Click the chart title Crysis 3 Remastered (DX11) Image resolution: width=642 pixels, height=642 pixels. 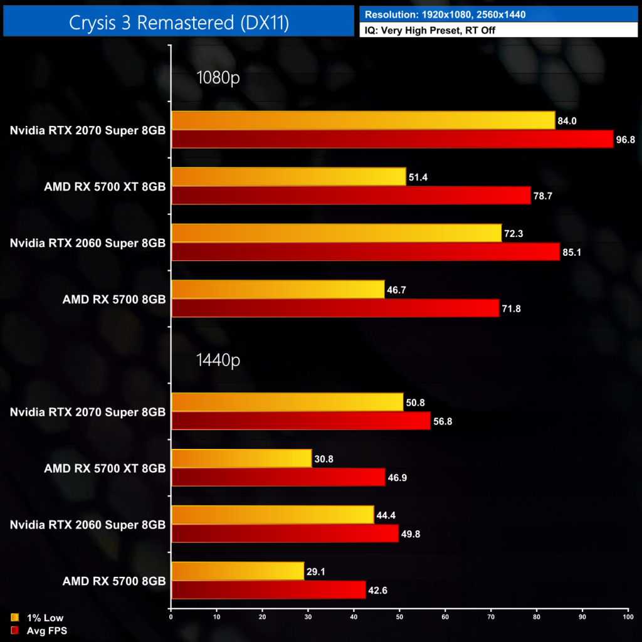click(x=179, y=23)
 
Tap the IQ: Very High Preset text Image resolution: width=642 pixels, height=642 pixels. click(x=430, y=30)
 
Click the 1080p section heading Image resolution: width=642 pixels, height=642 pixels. click(x=218, y=78)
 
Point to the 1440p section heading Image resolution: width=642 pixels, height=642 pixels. click(x=218, y=360)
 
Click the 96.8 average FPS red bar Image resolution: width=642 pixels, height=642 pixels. click(x=392, y=139)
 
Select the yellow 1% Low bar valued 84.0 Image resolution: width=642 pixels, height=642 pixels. click(x=363, y=120)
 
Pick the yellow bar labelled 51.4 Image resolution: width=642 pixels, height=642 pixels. click(x=288, y=177)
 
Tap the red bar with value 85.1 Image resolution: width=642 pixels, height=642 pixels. click(x=365, y=252)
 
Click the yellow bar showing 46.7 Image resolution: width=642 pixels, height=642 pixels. click(x=278, y=289)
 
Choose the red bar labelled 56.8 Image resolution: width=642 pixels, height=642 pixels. click(x=301, y=421)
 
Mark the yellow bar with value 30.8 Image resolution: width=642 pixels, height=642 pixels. click(x=241, y=459)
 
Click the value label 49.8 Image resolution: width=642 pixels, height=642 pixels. click(x=411, y=534)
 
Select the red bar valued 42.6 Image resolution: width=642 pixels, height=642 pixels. click(x=268, y=590)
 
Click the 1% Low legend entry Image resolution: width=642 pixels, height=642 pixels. click(x=44, y=618)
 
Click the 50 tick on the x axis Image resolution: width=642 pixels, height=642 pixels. click(x=399, y=618)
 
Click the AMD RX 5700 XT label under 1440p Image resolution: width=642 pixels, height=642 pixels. click(x=105, y=468)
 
